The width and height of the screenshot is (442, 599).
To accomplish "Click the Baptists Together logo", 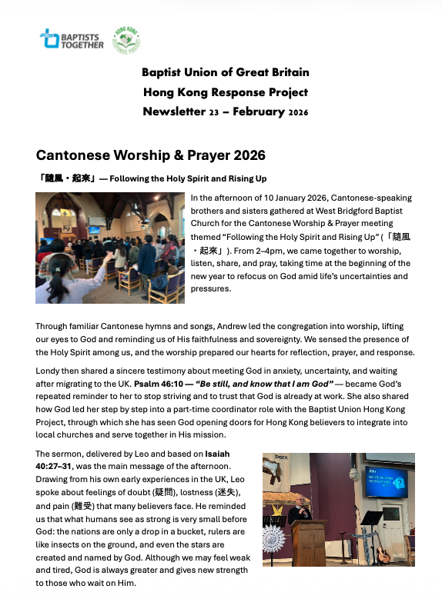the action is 71,38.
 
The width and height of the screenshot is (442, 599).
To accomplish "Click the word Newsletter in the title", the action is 172,111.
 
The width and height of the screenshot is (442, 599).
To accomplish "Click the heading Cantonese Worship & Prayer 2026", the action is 150,155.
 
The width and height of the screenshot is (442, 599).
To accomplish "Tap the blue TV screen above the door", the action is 385,483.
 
